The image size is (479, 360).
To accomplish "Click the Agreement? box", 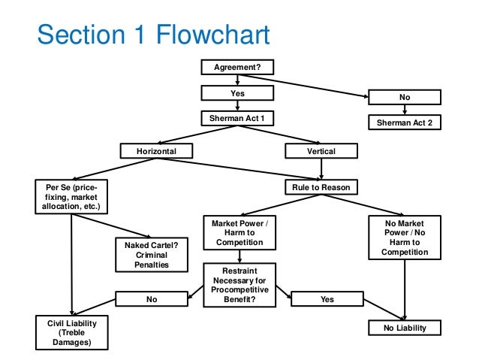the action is (x=237, y=67).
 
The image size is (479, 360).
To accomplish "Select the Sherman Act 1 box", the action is (x=237, y=118).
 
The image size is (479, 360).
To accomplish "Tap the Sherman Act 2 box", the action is (x=405, y=123).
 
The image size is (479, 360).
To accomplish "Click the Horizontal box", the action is (x=156, y=151).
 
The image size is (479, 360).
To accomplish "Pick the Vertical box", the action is (x=321, y=151).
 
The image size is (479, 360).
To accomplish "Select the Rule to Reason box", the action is (x=321, y=187).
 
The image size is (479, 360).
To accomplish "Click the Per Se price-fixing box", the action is (x=71, y=197).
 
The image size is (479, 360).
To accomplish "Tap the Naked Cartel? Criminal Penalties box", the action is (x=152, y=255).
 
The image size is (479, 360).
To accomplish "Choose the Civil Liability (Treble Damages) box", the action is (x=72, y=332).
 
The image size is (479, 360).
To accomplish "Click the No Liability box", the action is (x=405, y=328).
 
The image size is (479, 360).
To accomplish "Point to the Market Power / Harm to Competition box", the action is (x=239, y=233).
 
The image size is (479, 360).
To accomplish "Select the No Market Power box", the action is (x=405, y=237).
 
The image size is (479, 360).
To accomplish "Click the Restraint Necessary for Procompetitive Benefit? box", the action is (x=239, y=285).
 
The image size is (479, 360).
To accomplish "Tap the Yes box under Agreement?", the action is (x=237, y=93).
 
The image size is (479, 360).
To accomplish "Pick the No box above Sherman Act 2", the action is (x=405, y=97).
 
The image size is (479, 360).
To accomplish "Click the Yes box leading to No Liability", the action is (x=327, y=299).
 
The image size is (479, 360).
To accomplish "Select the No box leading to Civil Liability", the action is (x=152, y=299).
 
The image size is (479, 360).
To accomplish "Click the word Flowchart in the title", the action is (x=213, y=35).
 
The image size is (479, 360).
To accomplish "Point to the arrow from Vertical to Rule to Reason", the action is (x=321, y=169).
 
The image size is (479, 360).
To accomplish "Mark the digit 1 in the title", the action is (x=140, y=35).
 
